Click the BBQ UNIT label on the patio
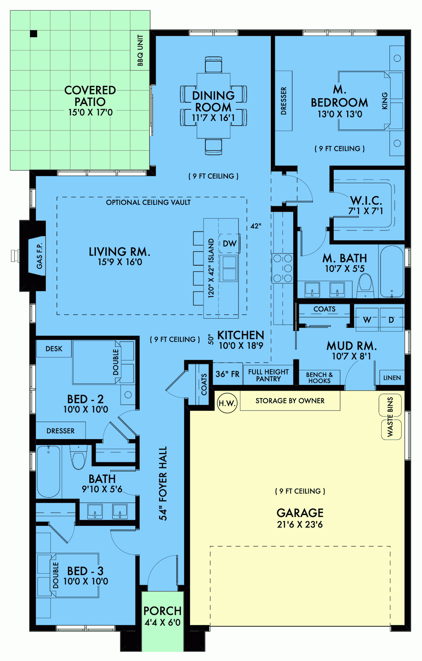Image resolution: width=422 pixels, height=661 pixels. pyautogui.click(x=140, y=50)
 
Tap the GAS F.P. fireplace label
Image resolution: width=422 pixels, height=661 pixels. pyautogui.click(x=39, y=256)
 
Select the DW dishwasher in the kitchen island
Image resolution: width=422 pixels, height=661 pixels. pyautogui.click(x=229, y=243)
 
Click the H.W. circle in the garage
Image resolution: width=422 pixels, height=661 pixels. pyautogui.click(x=227, y=403)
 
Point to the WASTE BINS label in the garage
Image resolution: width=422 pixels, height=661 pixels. pyautogui.click(x=390, y=417)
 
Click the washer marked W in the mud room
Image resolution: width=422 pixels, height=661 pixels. pyautogui.click(x=367, y=320)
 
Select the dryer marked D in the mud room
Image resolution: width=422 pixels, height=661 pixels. pyautogui.click(x=391, y=320)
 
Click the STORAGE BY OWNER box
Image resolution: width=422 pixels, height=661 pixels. pyautogui.click(x=290, y=401)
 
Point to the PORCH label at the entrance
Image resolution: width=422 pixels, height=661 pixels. pyautogui.click(x=162, y=611)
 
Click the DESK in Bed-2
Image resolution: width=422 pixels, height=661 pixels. pyautogui.click(x=54, y=349)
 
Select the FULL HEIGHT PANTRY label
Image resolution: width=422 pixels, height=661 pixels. pyautogui.click(x=268, y=375)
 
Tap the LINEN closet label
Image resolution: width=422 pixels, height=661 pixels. pyautogui.click(x=392, y=378)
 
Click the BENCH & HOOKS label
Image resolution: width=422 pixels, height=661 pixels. pyautogui.click(x=319, y=377)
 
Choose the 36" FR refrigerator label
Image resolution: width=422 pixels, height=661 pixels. pyautogui.click(x=227, y=374)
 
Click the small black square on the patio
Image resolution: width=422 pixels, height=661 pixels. pyautogui.click(x=33, y=34)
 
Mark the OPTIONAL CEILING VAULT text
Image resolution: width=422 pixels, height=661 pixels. pyautogui.click(x=148, y=202)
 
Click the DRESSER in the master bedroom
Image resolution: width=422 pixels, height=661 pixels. pyautogui.click(x=283, y=101)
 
